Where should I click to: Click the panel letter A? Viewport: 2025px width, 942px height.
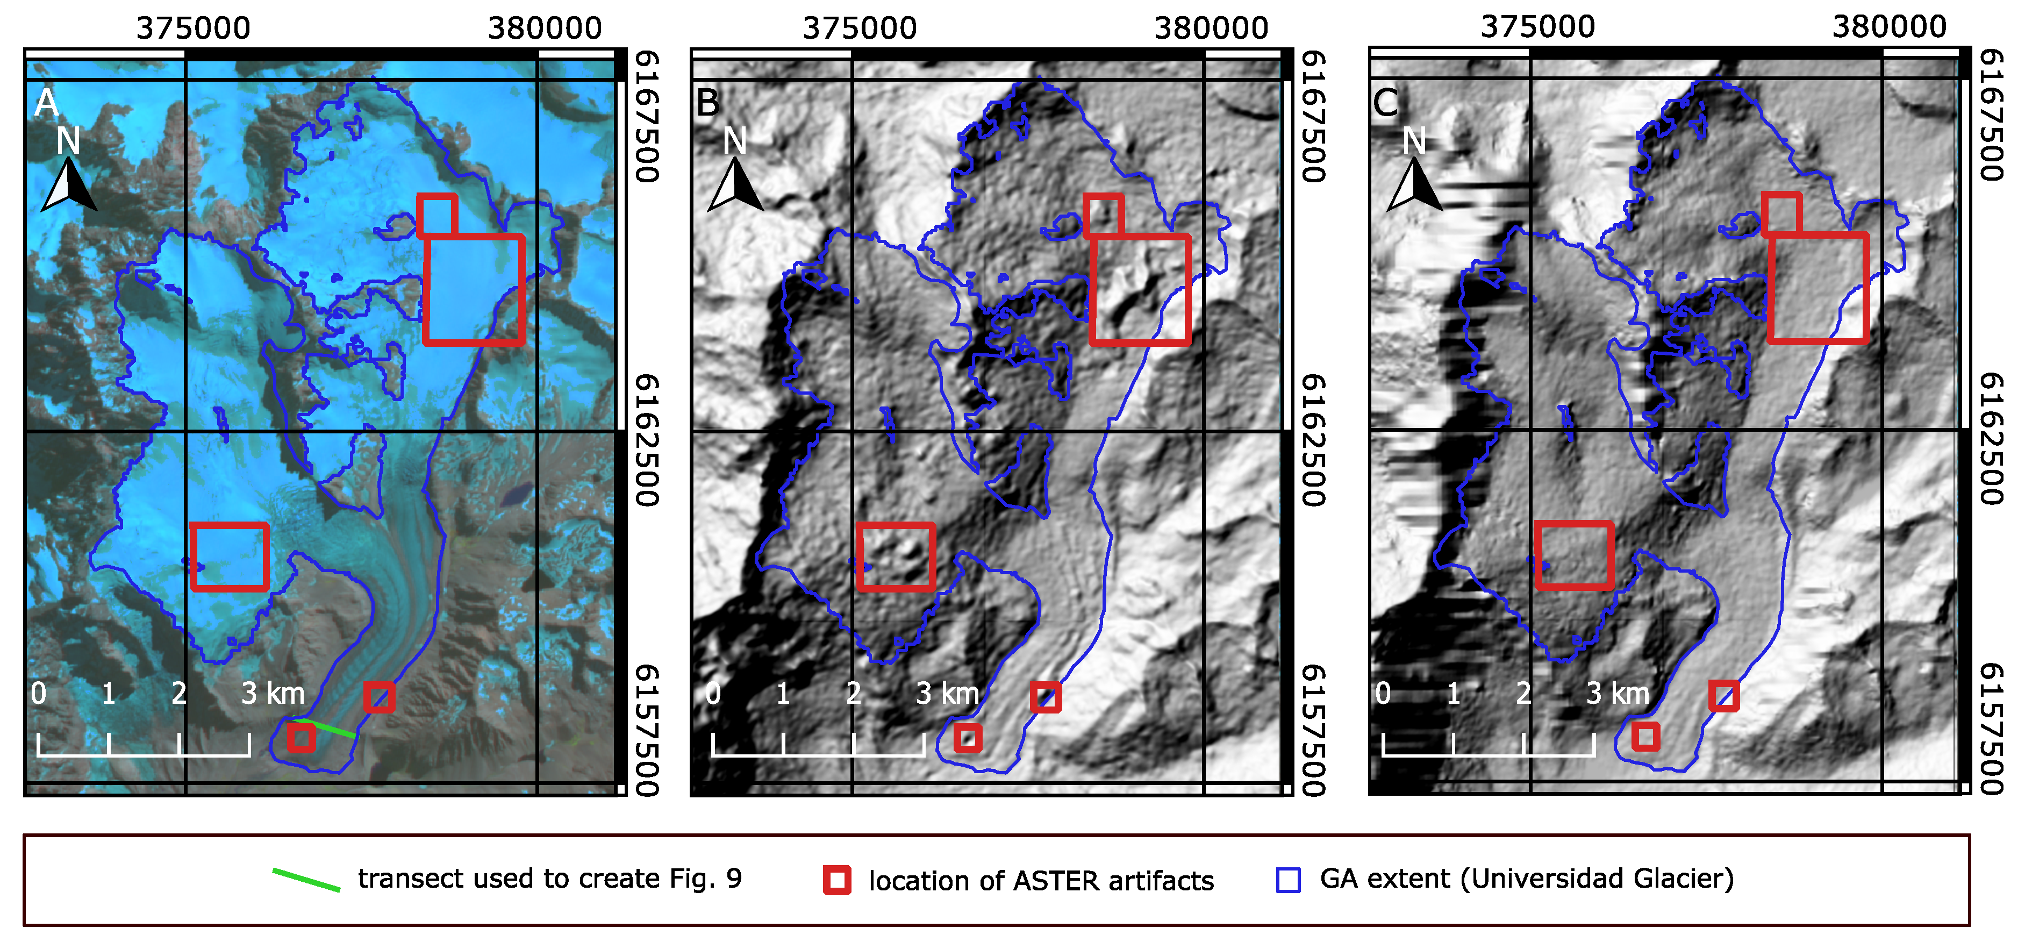pos(46,103)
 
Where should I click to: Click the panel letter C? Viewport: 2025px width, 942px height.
pos(1385,103)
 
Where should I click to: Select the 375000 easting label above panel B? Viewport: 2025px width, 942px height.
pos(859,28)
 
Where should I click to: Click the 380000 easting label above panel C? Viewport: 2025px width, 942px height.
pos(1889,27)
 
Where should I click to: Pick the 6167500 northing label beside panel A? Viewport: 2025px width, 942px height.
pos(646,116)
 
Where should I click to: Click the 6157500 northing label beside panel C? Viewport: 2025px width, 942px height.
pos(1991,729)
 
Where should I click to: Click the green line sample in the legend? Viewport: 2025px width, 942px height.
pos(306,879)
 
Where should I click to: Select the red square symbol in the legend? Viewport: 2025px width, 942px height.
pos(837,880)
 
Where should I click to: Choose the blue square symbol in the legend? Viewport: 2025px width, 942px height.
pos(1287,880)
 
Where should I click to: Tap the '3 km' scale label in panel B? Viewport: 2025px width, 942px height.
pos(947,694)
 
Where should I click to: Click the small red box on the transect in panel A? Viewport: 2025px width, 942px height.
pos(301,738)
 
